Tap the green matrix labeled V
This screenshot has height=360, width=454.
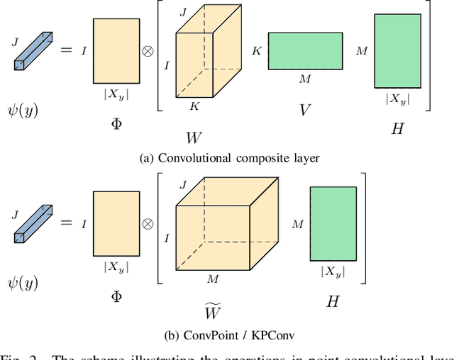click(305, 50)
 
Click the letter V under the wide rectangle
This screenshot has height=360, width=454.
click(305, 110)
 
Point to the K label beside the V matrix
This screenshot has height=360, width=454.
click(256, 51)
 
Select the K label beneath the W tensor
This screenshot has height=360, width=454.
click(193, 106)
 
